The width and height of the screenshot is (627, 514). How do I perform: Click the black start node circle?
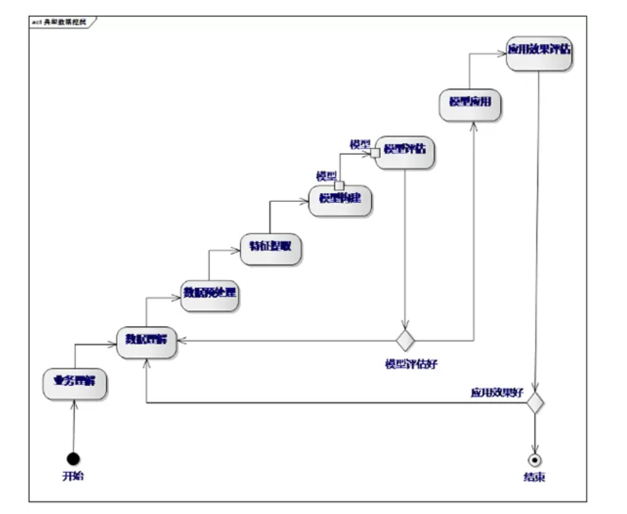tap(74, 458)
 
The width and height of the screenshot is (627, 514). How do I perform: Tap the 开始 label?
tap(73, 476)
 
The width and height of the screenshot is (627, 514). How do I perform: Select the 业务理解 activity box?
tap(75, 382)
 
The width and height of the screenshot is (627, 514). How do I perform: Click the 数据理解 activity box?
tap(147, 342)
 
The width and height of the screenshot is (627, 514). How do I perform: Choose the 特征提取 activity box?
tap(271, 248)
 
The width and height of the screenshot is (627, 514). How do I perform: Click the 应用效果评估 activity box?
tap(539, 53)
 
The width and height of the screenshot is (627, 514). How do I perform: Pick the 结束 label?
tap(535, 478)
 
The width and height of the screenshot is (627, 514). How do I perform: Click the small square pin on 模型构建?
tap(340, 186)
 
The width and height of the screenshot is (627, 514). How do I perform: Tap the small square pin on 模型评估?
tap(375, 152)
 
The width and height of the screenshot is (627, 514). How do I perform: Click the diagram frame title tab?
tap(60, 22)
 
